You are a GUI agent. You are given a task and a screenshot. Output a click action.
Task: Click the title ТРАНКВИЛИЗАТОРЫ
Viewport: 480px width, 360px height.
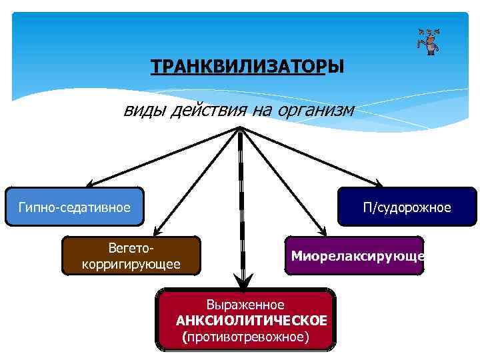pyautogui.click(x=247, y=68)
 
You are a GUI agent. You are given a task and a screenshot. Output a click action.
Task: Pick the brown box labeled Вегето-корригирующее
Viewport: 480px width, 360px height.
pyautogui.click(x=131, y=256)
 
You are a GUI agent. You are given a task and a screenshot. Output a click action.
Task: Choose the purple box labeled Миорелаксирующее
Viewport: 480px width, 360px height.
pyautogui.click(x=354, y=256)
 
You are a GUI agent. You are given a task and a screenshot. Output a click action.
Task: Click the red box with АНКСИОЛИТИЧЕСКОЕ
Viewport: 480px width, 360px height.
pyautogui.click(x=246, y=319)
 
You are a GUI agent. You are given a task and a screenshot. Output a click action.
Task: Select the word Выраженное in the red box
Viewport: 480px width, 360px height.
pyautogui.click(x=245, y=304)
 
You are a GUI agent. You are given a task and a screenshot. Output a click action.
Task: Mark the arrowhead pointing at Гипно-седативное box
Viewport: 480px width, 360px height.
pyautogui.click(x=89, y=184)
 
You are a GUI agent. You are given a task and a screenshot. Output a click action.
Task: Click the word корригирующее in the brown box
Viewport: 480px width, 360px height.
pyautogui.click(x=131, y=265)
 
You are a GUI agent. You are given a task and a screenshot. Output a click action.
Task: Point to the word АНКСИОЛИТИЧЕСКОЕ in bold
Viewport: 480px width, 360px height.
pyautogui.click(x=251, y=321)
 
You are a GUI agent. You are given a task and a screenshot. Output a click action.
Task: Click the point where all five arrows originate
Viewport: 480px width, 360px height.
pyautogui.click(x=239, y=128)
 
